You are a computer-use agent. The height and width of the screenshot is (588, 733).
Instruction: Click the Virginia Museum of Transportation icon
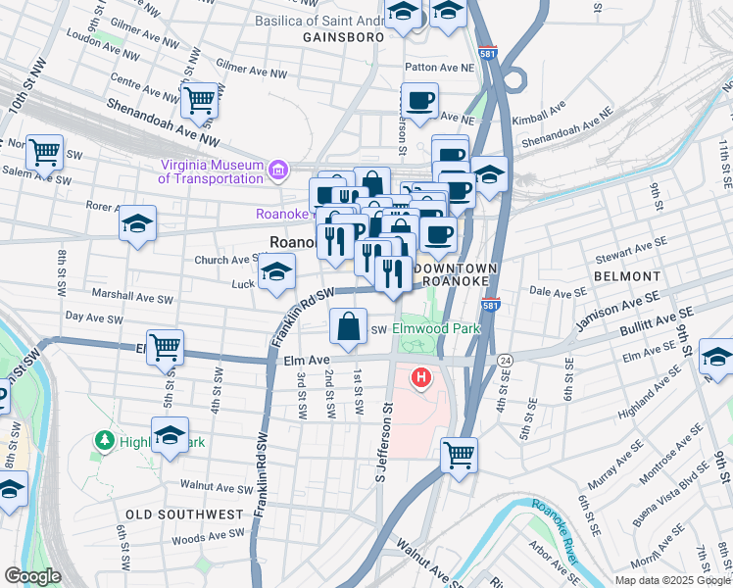click(x=278, y=172)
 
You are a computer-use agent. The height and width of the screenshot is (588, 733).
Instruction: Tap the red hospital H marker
click(x=422, y=376)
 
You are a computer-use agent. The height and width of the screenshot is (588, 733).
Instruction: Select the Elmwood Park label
click(x=436, y=328)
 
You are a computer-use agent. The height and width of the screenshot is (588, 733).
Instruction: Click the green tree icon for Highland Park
click(x=105, y=441)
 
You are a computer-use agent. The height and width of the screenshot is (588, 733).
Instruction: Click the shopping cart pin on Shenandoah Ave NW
click(x=200, y=99)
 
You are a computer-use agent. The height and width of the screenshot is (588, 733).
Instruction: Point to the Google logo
click(x=32, y=576)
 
